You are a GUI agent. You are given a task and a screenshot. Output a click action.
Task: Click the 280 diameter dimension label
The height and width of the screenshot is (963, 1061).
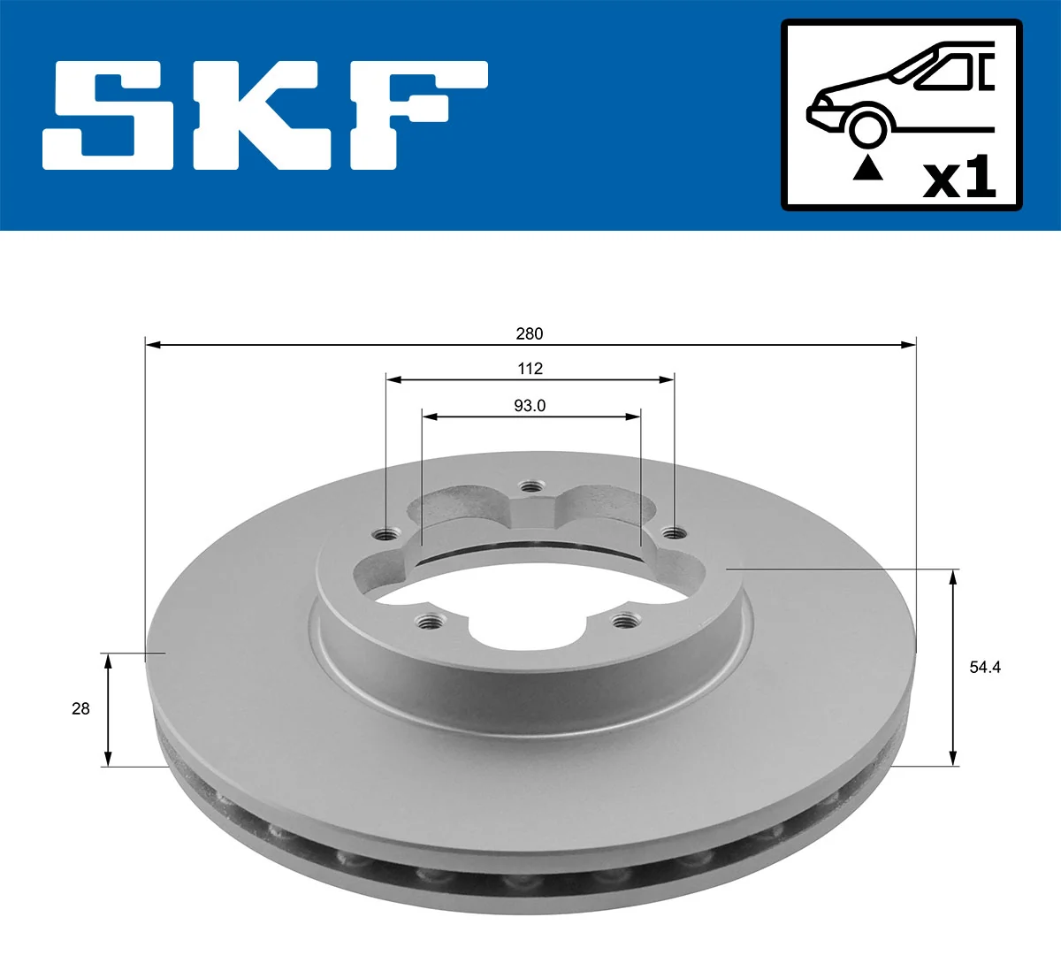(x=530, y=333)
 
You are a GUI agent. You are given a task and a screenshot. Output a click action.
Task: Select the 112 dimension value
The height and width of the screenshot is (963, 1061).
(x=530, y=368)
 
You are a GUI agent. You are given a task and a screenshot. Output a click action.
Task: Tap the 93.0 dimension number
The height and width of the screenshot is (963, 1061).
(x=530, y=406)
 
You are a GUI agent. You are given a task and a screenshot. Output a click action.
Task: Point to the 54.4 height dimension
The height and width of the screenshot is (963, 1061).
(x=985, y=668)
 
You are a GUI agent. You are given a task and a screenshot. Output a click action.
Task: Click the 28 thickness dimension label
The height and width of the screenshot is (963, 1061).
(x=80, y=708)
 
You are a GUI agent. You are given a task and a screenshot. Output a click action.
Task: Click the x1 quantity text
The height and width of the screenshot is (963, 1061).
(x=959, y=179)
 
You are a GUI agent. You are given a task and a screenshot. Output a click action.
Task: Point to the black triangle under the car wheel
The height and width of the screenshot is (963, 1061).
(x=867, y=167)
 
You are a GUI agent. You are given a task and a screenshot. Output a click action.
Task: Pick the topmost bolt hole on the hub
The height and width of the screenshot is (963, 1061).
(x=530, y=486)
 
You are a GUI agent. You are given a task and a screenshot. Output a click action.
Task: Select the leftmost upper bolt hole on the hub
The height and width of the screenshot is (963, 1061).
(x=385, y=534)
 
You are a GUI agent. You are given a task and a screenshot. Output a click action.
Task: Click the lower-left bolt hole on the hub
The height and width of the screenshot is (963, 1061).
(x=430, y=622)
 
